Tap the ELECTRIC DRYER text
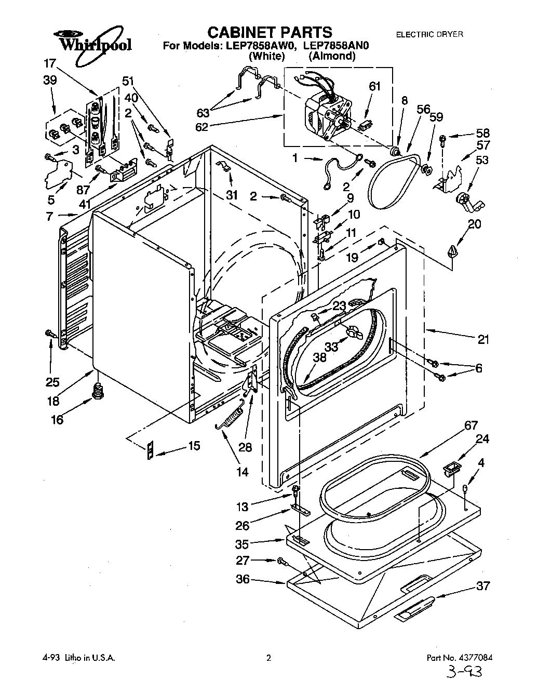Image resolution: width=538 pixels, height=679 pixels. click(x=429, y=34)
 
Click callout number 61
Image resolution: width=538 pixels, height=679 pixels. click(x=374, y=86)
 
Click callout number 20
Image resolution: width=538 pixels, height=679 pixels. click(x=474, y=224)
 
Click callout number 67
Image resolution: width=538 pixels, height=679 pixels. click(x=470, y=426)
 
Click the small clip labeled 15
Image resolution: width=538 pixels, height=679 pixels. click(x=151, y=451)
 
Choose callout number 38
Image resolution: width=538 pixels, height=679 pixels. click(x=319, y=357)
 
